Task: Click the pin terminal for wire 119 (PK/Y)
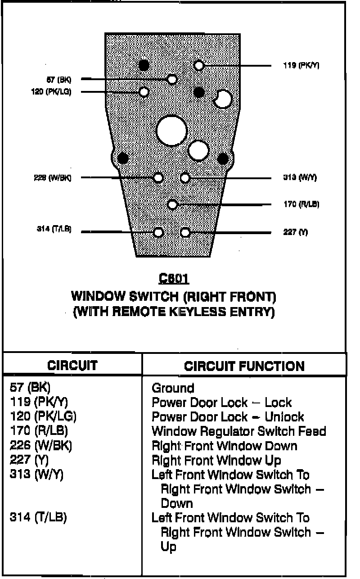click(199, 66)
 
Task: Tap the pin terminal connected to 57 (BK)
click(172, 80)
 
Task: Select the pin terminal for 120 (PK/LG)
click(144, 92)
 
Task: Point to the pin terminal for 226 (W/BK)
click(158, 177)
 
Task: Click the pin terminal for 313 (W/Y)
click(185, 178)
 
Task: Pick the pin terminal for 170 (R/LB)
click(172, 205)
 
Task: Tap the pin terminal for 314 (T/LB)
click(158, 232)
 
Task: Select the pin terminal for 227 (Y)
click(185, 232)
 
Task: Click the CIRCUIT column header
click(72, 365)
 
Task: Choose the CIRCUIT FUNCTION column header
click(244, 366)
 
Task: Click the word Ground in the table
click(173, 388)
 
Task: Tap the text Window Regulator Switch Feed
click(238, 431)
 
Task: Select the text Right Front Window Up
click(216, 460)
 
